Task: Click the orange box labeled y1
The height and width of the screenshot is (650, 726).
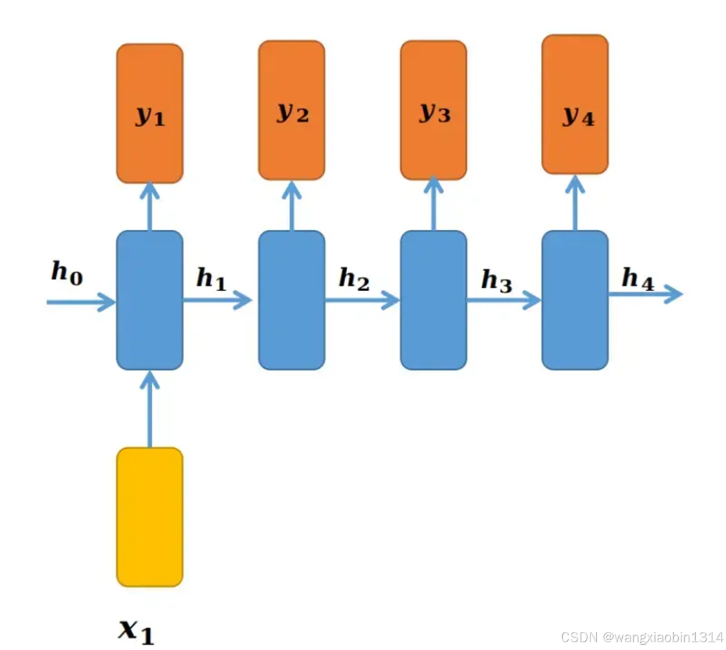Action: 150,114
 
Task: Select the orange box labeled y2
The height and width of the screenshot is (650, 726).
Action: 292,110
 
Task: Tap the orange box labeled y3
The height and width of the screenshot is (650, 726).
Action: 434,110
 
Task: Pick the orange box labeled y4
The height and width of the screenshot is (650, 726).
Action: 575,105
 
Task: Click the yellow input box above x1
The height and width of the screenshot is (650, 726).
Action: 150,517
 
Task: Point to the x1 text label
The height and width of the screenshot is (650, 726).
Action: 137,629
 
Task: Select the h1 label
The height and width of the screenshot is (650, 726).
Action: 212,279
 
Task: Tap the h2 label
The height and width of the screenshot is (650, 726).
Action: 354,279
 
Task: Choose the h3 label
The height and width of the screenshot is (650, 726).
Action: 496,280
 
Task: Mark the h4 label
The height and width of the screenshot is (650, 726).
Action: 638,279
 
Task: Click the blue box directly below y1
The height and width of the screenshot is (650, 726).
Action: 150,300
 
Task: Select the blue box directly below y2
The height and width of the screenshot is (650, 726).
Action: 292,300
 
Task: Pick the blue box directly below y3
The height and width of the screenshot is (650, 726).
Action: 434,300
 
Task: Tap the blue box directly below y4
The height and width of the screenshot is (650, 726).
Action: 575,300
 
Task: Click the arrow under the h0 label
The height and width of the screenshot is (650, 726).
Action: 81,301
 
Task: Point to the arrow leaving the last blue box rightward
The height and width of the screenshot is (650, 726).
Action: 645,294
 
